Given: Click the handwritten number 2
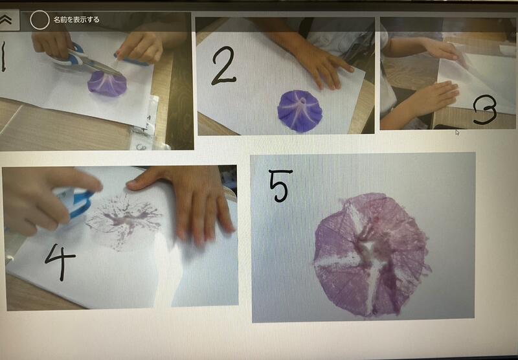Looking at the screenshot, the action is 223,65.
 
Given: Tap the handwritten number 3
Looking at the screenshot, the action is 484,110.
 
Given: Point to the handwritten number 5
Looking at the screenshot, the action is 280,185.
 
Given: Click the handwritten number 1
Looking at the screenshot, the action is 3,56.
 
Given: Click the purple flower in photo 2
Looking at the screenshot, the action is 300,111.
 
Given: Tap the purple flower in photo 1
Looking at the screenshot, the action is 107,84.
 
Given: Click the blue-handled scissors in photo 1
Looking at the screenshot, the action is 87,60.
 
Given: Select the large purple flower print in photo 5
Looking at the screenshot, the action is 371,255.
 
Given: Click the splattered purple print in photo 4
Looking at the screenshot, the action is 124,219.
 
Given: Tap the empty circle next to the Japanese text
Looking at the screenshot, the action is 39,20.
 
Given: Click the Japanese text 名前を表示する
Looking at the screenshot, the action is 76,20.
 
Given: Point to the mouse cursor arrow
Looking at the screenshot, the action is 457,133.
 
